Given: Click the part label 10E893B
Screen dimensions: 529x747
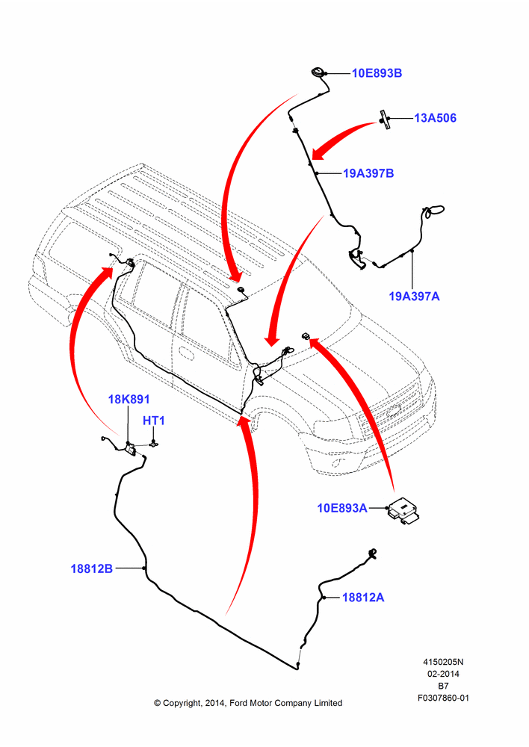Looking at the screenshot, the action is [377, 73].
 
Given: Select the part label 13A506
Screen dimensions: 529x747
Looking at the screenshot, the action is [435, 118].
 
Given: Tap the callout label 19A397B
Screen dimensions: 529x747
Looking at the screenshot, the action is [368, 173].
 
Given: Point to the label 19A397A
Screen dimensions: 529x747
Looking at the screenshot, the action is [414, 297].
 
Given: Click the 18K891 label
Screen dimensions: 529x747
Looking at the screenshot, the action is [129, 399].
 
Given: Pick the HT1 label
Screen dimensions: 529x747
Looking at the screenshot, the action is [154, 421].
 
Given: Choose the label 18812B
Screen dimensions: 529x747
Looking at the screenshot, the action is [91, 568].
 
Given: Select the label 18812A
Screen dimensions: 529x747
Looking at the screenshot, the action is [363, 598].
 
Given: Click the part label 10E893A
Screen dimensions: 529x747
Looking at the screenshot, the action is [342, 508].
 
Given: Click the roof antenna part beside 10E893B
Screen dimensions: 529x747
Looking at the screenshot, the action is [317, 72].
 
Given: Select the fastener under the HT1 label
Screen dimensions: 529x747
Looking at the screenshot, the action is [153, 444].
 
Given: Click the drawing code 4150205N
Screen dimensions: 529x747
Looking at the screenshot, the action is [443, 662].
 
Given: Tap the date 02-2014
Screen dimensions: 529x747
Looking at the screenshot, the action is [443, 674].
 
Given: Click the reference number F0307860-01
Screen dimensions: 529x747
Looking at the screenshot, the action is [443, 698].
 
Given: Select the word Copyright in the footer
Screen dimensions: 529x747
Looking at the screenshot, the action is [182, 703].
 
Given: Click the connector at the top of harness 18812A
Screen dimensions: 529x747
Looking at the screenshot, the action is [372, 553].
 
